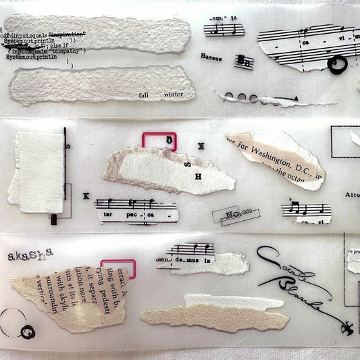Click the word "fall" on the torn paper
click(x=144, y=96)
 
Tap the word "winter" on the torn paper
click(x=174, y=96)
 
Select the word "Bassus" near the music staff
click(x=210, y=57)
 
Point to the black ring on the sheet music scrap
click(x=336, y=63)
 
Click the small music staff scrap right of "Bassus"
click(x=244, y=62)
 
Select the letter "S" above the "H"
click(x=188, y=161)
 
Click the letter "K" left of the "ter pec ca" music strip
click(x=86, y=196)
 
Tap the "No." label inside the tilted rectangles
click(x=233, y=215)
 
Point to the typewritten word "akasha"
click(x=30, y=255)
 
